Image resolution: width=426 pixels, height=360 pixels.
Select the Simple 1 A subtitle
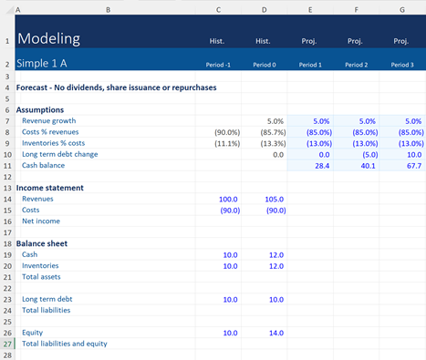click(x=42, y=65)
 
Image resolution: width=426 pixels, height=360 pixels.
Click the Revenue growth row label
click(x=49, y=120)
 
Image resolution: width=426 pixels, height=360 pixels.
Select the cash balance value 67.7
click(x=410, y=167)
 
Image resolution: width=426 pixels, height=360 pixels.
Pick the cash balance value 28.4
click(x=319, y=167)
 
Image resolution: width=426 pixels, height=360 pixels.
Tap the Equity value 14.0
click(x=274, y=333)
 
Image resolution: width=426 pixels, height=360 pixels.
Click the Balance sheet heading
click(x=47, y=243)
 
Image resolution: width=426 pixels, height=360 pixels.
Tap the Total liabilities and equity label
click(x=65, y=344)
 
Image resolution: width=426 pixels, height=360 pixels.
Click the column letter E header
click(x=310, y=8)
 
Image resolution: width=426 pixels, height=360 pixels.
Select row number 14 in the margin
click(x=6, y=199)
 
